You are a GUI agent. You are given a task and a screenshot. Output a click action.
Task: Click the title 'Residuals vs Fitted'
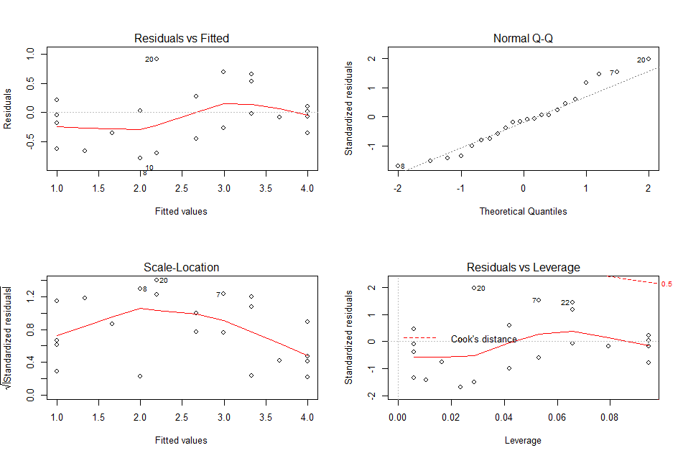click(x=182, y=38)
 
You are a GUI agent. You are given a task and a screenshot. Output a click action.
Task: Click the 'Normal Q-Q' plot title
click(x=523, y=38)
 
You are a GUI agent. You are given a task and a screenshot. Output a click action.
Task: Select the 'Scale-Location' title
click(x=182, y=267)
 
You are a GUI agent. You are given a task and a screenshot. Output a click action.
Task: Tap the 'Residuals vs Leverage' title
click(x=523, y=267)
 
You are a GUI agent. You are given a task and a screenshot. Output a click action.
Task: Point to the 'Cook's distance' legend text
click(x=483, y=339)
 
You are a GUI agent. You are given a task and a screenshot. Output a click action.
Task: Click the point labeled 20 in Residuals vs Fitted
click(x=157, y=59)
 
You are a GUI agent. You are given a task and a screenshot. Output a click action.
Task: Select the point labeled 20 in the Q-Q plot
click(x=648, y=60)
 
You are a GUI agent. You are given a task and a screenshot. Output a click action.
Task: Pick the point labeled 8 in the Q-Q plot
click(x=398, y=166)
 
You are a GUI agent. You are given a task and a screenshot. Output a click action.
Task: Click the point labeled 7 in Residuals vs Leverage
click(x=538, y=300)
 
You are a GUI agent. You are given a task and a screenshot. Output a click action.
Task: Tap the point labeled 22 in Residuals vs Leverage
click(x=572, y=302)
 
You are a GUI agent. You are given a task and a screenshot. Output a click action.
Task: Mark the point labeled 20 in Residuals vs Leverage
click(x=474, y=288)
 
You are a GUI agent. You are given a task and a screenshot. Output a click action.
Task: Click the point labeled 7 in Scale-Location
click(x=223, y=294)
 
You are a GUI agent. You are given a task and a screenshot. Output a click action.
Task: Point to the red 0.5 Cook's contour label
click(x=666, y=284)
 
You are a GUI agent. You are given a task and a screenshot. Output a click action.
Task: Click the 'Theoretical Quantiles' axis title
click(x=523, y=211)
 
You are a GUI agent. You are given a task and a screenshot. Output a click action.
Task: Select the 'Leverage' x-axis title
click(x=523, y=440)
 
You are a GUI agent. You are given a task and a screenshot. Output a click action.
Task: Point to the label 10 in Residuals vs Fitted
click(x=149, y=168)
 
